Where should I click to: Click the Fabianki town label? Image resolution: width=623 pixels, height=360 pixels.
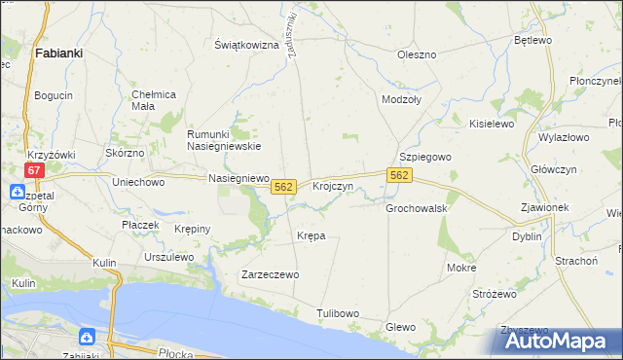coord(57,54)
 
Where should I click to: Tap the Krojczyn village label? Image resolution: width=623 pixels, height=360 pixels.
coord(332,186)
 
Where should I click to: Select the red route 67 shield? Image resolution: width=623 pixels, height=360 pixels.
coord(35,169)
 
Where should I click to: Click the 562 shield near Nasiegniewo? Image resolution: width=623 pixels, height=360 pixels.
coord(283,186)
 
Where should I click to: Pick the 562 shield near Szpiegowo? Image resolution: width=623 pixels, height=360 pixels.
coord(400,175)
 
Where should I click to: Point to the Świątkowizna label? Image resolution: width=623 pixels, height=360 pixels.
coord(246,46)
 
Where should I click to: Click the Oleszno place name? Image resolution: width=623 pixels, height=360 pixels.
coord(416,54)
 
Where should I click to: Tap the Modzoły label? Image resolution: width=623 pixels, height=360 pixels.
coord(402,100)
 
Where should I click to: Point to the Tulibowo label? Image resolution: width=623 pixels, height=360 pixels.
coord(338,313)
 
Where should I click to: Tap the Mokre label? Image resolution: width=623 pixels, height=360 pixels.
coord(461,267)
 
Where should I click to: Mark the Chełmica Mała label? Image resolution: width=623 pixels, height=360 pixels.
coord(153,100)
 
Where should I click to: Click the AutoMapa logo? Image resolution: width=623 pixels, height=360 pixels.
coord(556,341)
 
